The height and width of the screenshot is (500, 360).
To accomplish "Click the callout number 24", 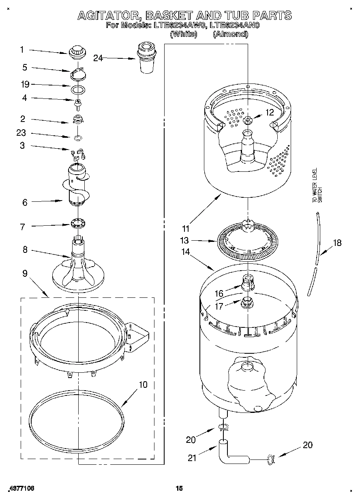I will [x=98, y=58].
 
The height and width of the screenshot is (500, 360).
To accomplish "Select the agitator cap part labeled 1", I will [x=76, y=52].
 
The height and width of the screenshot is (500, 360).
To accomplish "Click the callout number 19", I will [x=25, y=84].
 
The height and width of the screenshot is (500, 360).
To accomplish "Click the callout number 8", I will [x=25, y=250].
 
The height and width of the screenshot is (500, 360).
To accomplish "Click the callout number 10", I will [x=143, y=385].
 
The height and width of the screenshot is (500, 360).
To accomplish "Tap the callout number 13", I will [x=184, y=241].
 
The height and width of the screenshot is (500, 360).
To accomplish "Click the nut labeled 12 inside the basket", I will [x=247, y=120].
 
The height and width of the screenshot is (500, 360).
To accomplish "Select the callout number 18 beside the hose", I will [x=337, y=243].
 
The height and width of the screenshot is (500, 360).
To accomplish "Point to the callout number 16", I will [x=219, y=293].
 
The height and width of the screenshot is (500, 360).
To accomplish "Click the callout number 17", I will [x=219, y=306].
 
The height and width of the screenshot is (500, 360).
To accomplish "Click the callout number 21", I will [x=192, y=458].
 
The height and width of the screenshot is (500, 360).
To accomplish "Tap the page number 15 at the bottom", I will [x=180, y=489].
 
